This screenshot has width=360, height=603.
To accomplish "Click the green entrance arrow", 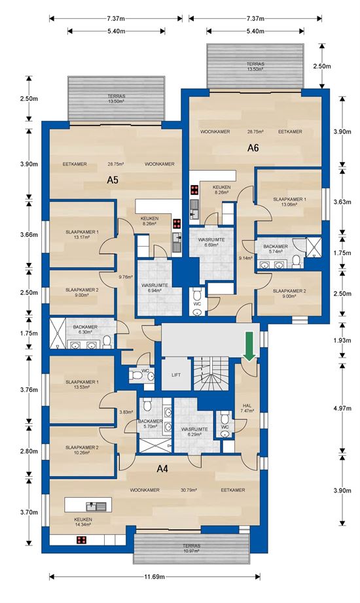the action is pos(249,346).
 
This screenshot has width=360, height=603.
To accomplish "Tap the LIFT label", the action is pos(176,375).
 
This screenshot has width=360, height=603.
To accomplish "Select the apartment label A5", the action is pos(113,180).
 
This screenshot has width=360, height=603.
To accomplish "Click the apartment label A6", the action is pos(253,148).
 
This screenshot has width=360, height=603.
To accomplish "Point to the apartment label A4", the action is pos(162,468).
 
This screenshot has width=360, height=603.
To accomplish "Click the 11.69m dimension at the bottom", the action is pos(154,577).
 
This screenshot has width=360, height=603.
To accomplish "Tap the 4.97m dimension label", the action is pos(342,408).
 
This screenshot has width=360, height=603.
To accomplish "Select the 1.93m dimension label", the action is pos(342,340).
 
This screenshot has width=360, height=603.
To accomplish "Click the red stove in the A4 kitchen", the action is pos(81,540).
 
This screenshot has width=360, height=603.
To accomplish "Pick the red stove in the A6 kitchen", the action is pos(194,190).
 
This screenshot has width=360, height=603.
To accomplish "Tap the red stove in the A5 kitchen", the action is pos(177,224).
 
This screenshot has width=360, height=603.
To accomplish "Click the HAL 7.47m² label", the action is pos(247,408).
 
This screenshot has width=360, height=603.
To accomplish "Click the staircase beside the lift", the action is pos(211,374).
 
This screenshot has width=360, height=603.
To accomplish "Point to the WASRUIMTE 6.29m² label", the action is pos(194,432).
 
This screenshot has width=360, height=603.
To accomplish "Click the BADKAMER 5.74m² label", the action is pos(276,249).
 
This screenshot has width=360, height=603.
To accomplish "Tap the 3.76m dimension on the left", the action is pos(29,390).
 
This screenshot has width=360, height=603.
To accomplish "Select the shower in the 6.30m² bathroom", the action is pos(58,333).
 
